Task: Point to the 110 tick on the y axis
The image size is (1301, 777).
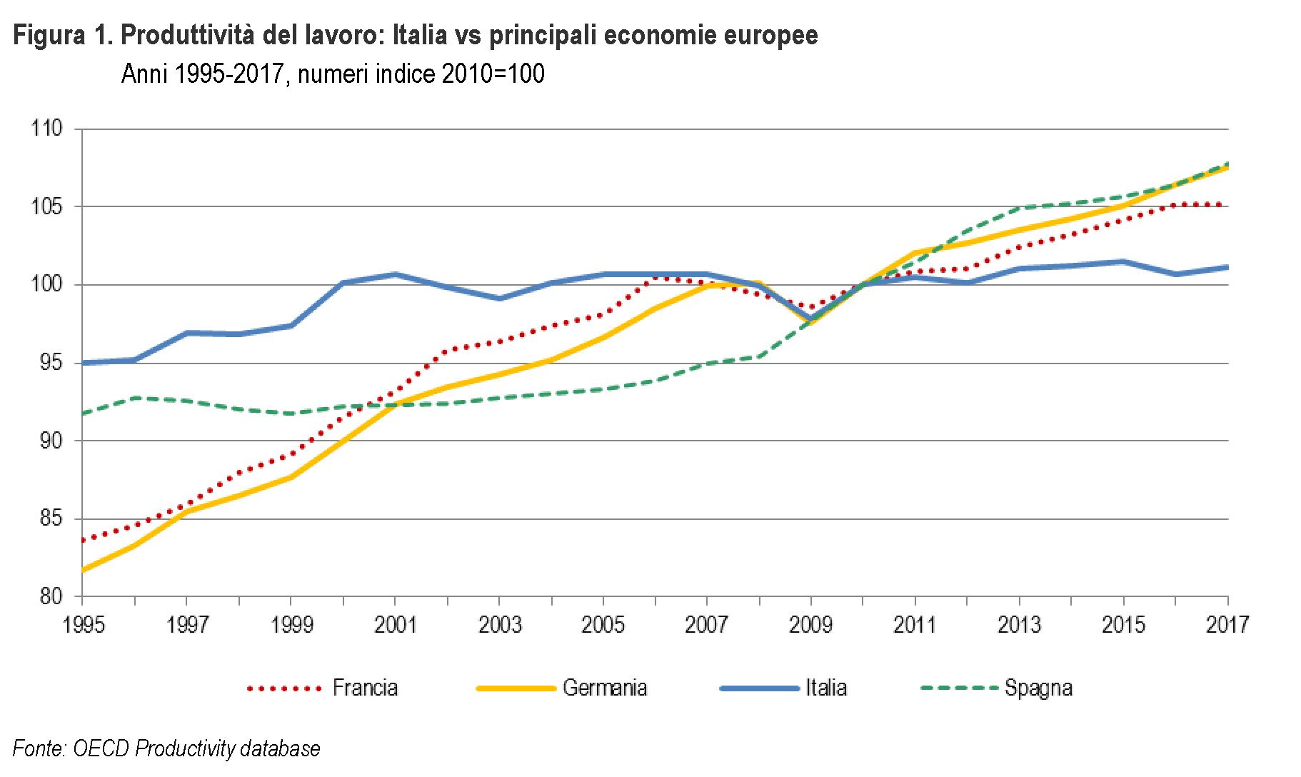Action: click(x=47, y=129)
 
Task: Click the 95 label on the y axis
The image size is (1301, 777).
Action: click(x=50, y=363)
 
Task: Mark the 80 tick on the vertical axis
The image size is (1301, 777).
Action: click(x=50, y=596)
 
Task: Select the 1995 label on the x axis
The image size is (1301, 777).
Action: click(x=84, y=625)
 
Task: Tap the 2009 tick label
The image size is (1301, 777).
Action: click(x=810, y=625)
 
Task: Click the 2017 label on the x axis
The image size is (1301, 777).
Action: click(x=1227, y=625)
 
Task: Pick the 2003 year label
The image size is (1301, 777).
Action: click(x=499, y=625)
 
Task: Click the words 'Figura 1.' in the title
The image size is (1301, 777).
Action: click(x=63, y=35)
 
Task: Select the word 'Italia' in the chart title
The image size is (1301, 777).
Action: click(x=420, y=35)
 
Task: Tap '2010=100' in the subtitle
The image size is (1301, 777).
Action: click(x=493, y=74)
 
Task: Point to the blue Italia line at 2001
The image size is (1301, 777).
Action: click(x=395, y=274)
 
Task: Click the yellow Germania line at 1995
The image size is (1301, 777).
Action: click(x=84, y=570)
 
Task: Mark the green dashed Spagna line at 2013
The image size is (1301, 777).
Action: click(x=1019, y=208)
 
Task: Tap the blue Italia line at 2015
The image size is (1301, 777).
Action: click(x=1123, y=261)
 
